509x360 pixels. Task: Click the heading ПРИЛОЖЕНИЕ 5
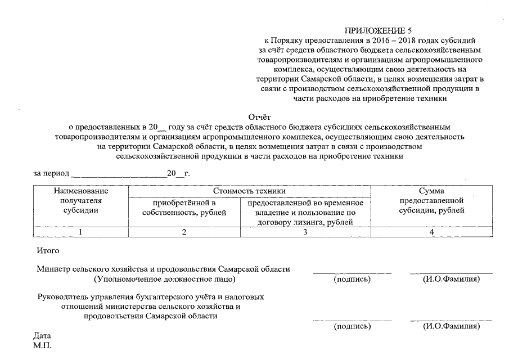point(375,30)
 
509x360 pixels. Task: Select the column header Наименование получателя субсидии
point(81,201)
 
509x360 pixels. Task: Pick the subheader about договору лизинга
point(305,213)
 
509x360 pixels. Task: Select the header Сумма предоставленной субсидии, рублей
point(431,201)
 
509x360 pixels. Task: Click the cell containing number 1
point(81,232)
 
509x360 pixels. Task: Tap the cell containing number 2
point(184,232)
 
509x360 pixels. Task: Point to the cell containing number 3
point(305,232)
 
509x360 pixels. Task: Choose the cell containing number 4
point(431,232)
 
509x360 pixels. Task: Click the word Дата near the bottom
point(42,335)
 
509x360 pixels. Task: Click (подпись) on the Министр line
point(352,279)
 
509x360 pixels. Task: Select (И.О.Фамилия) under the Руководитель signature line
point(451,326)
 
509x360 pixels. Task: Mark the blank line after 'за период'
point(120,174)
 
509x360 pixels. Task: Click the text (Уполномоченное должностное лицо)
point(164,279)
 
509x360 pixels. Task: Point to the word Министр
point(52,269)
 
